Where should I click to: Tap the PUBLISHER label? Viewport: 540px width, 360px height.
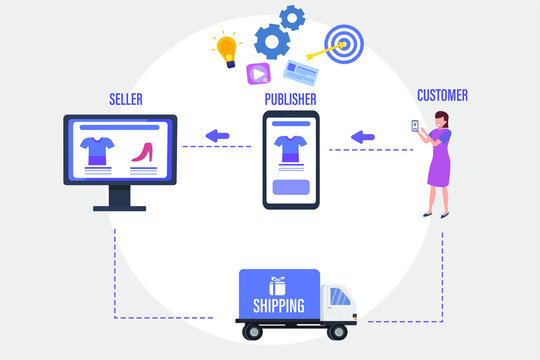pyautogui.click(x=290, y=99)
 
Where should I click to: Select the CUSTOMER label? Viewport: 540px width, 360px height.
pyautogui.click(x=441, y=96)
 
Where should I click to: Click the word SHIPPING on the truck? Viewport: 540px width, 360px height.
pyautogui.click(x=280, y=306)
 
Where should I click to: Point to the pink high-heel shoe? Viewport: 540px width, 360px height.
pyautogui.click(x=142, y=153)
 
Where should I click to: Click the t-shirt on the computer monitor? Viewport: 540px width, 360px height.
pyautogui.click(x=97, y=151)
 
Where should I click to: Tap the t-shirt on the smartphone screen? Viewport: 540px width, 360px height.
pyautogui.click(x=290, y=147)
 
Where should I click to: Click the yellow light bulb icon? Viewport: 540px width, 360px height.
pyautogui.click(x=226, y=47)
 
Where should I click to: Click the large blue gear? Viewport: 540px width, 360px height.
pyautogui.click(x=272, y=41)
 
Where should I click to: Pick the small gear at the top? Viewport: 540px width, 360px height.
pyautogui.click(x=292, y=16)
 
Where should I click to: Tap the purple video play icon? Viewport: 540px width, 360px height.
pyautogui.click(x=258, y=73)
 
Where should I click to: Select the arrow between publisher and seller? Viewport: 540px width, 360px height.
pyautogui.click(x=216, y=136)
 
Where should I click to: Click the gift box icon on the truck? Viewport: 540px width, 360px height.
pyautogui.click(x=277, y=286)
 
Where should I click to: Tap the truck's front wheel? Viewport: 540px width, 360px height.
pyautogui.click(x=341, y=329)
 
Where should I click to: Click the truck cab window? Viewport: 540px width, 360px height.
pyautogui.click(x=340, y=296)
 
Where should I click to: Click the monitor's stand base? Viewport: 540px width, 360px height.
pyautogui.click(x=120, y=208)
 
